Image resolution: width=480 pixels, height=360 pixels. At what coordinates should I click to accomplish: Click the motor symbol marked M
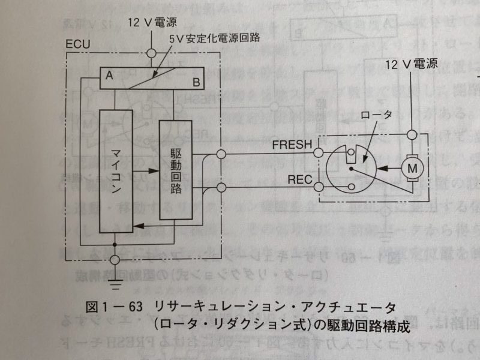(x=412, y=167)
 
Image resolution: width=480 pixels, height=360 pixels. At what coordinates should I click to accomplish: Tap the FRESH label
(x=292, y=145)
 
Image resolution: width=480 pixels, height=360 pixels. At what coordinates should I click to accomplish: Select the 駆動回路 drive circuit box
(x=174, y=169)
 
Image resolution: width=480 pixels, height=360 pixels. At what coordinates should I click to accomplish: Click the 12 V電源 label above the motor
(x=410, y=64)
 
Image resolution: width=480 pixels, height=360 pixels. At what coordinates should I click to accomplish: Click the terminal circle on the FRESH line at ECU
(x=221, y=155)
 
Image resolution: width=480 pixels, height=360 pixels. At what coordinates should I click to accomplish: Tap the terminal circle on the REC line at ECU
(x=221, y=189)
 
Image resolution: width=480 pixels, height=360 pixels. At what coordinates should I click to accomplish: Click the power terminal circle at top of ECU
(x=151, y=53)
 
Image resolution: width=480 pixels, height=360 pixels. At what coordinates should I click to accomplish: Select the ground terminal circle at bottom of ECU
(x=115, y=260)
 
